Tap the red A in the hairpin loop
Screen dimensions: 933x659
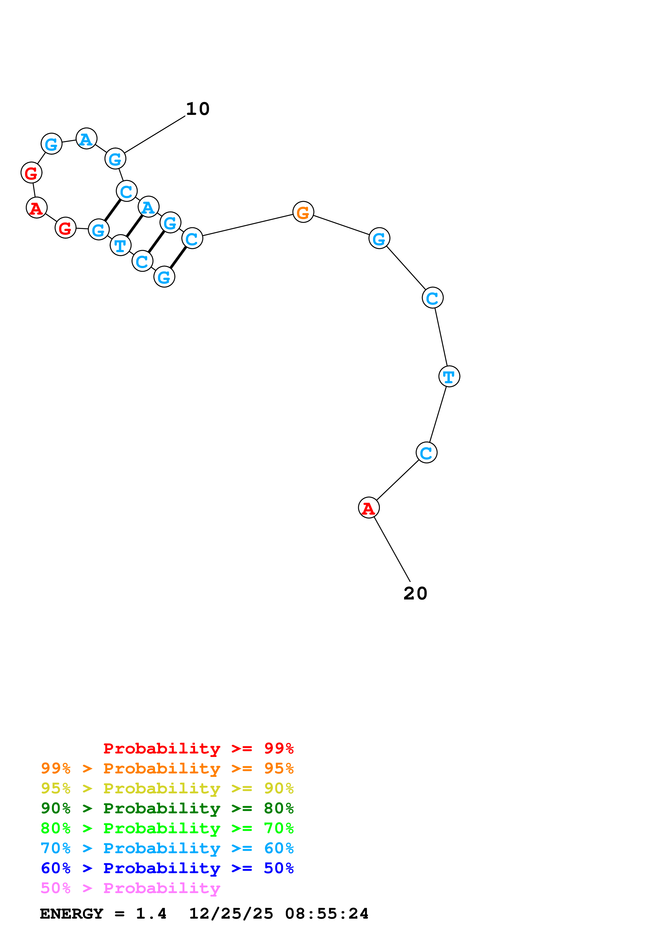tap(36, 208)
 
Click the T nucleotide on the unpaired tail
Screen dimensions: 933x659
tap(449, 376)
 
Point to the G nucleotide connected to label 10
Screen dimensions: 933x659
tap(115, 159)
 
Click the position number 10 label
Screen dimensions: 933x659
tap(198, 109)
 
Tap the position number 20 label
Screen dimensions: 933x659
tap(415, 593)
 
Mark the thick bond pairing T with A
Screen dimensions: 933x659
tap(135, 226)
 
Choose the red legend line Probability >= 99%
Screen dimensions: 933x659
tap(198, 748)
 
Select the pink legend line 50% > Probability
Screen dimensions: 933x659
tap(130, 888)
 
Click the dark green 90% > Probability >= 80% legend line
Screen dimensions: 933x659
tap(167, 808)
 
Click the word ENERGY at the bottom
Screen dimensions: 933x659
tap(72, 914)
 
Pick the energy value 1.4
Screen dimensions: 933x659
tap(151, 914)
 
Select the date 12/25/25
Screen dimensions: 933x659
tap(231, 914)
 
